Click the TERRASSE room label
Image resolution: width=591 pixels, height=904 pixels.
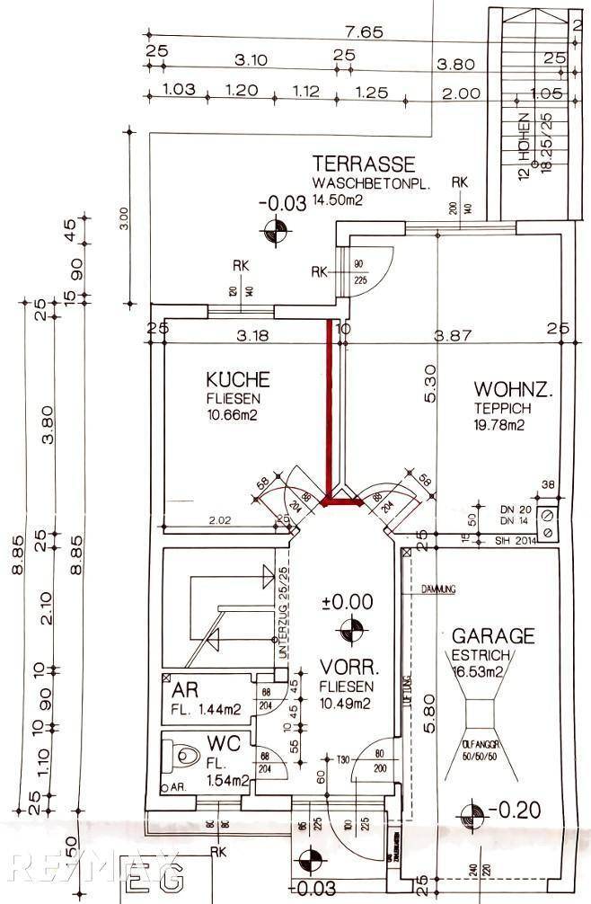pyautogui.click(x=364, y=164)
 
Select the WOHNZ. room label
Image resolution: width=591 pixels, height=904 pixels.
pyautogui.click(x=513, y=390)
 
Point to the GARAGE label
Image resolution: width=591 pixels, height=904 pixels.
pyautogui.click(x=493, y=636)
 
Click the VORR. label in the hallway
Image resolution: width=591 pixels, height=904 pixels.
pyautogui.click(x=345, y=669)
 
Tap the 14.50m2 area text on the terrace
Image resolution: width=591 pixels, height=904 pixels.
pyautogui.click(x=338, y=201)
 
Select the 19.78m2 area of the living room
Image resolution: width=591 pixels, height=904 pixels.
pyautogui.click(x=499, y=426)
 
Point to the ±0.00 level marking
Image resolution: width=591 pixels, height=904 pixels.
pyautogui.click(x=346, y=601)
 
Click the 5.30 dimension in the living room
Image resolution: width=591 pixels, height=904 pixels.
pyautogui.click(x=432, y=383)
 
